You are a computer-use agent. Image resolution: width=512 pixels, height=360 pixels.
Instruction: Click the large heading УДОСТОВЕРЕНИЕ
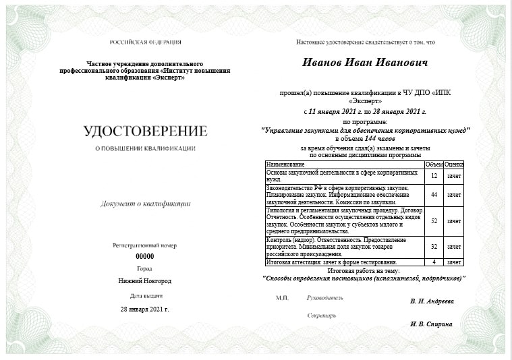click(145, 131)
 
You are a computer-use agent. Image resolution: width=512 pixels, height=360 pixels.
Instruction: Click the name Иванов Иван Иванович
click(364, 63)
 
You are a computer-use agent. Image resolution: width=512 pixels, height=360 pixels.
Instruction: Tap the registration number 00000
click(145, 256)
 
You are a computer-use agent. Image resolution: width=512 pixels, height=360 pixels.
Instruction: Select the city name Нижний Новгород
click(145, 280)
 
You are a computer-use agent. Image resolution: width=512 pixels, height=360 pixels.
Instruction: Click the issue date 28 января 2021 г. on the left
click(145, 309)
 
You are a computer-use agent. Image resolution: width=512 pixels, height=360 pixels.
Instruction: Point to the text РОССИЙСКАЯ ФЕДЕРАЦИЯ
click(145, 42)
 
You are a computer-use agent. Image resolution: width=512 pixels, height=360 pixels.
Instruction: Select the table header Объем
click(434, 164)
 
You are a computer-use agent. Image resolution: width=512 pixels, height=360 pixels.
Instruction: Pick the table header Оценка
click(454, 164)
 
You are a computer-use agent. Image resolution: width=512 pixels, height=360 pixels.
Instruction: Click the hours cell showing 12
click(434, 176)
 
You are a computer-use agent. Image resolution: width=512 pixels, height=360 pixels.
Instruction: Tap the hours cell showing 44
click(434, 195)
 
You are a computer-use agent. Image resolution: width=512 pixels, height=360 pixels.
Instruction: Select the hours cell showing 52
click(434, 221)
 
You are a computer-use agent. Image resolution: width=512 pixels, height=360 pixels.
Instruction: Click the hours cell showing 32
click(434, 247)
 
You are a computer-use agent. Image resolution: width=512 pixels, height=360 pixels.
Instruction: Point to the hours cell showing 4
click(434, 262)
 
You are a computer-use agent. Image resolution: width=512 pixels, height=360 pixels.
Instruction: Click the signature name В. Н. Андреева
click(432, 301)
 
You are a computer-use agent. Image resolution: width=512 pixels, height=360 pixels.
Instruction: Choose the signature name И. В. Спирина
click(431, 324)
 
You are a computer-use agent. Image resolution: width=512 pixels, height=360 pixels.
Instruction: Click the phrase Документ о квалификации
click(145, 203)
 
